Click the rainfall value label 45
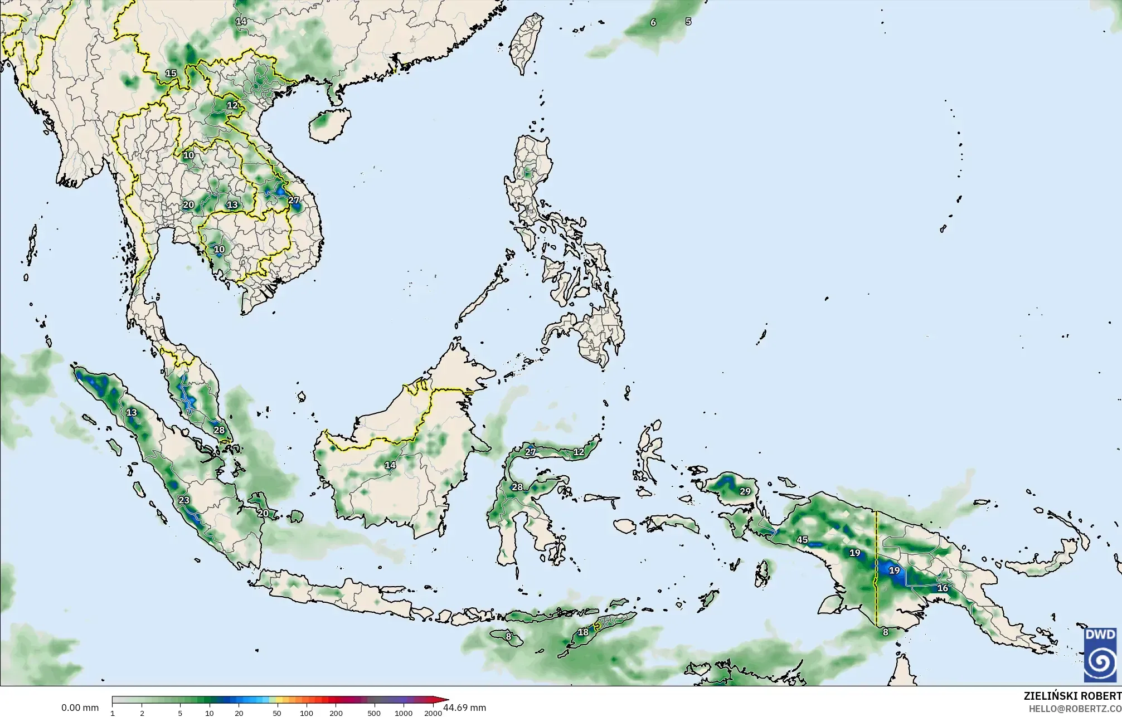[x=802, y=539]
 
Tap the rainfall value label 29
[x=745, y=491]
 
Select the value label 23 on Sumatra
[x=184, y=500]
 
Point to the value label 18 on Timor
[x=583, y=632]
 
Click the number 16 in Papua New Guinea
[x=943, y=588]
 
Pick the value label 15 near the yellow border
[x=171, y=74]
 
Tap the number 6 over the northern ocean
[x=653, y=22]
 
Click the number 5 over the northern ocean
[x=688, y=21]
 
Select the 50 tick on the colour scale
[x=277, y=713]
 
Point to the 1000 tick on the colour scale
[x=404, y=713]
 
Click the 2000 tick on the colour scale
[x=433, y=713]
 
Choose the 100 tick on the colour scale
[x=307, y=713]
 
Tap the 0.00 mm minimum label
[x=80, y=708]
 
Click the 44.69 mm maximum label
[x=464, y=708]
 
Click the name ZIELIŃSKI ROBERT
[x=1072, y=696]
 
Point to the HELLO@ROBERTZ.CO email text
[x=1075, y=709]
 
